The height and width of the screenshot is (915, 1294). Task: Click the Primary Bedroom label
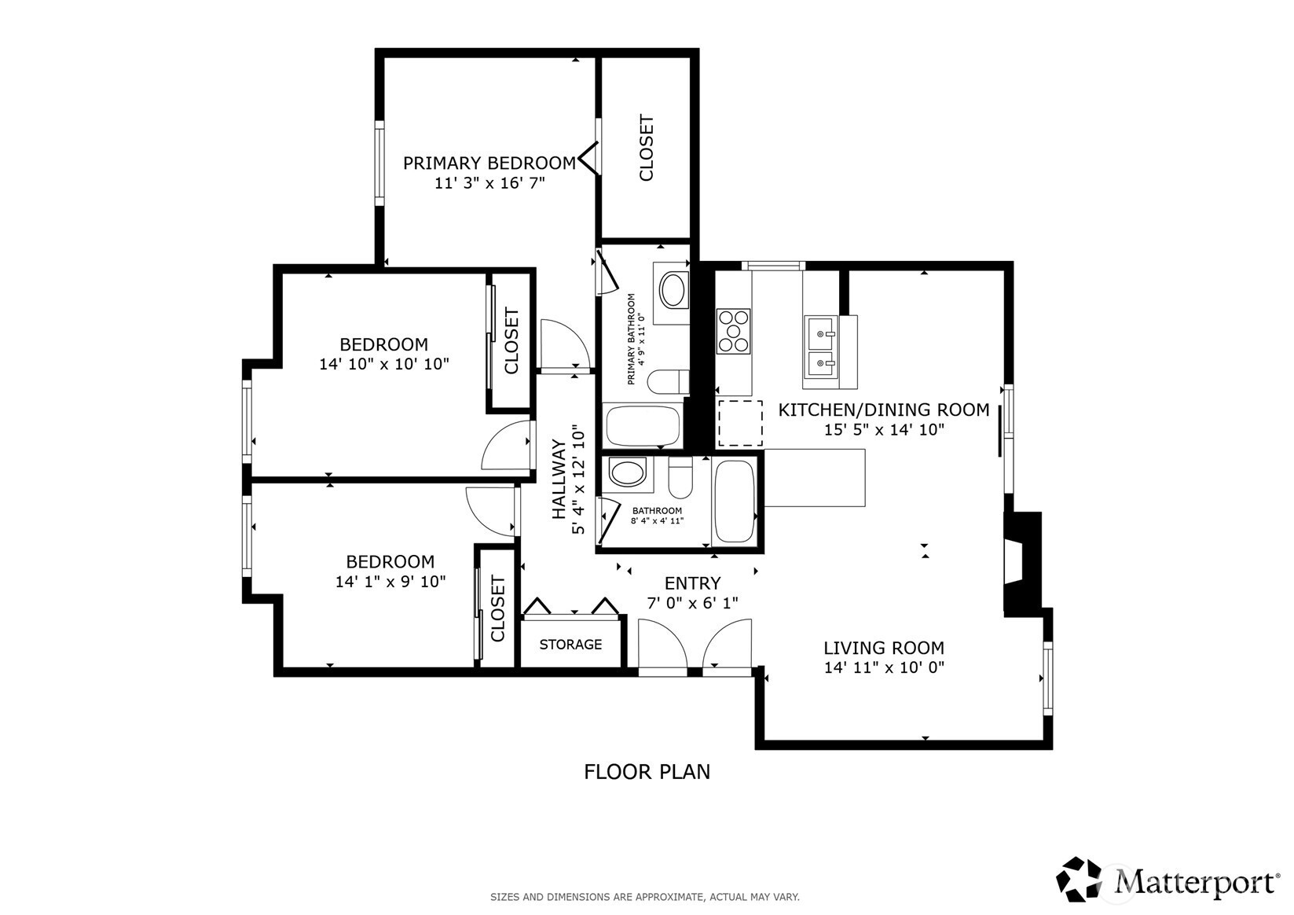click(x=489, y=163)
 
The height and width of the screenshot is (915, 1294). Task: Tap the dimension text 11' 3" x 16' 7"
click(x=490, y=183)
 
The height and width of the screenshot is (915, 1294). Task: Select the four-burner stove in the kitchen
click(x=734, y=331)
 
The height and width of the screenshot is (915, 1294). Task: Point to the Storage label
click(x=570, y=645)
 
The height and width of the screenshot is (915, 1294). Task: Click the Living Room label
click(x=884, y=648)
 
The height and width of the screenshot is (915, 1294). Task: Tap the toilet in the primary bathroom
click(x=669, y=381)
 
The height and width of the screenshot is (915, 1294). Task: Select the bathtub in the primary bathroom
click(x=643, y=426)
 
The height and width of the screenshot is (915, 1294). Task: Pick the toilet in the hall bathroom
click(x=680, y=477)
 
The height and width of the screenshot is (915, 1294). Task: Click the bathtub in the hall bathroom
click(x=735, y=502)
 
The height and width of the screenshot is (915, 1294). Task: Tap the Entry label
click(x=692, y=582)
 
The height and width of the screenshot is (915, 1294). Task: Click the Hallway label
click(x=559, y=480)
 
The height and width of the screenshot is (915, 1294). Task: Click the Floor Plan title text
click(x=647, y=772)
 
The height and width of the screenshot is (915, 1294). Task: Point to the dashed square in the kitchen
click(x=740, y=423)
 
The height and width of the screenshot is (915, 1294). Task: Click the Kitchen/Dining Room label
click(x=884, y=410)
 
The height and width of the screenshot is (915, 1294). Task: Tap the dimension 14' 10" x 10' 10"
click(x=384, y=364)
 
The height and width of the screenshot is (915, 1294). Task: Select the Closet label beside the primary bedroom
click(x=646, y=148)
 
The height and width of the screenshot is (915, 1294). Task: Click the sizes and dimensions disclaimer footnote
click(x=645, y=897)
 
